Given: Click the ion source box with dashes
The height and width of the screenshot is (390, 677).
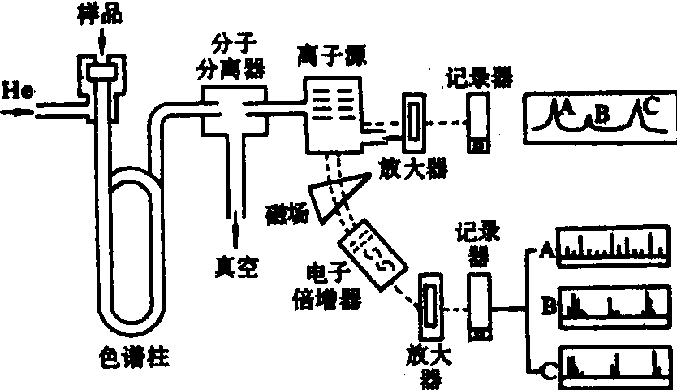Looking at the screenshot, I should [x=330, y=114].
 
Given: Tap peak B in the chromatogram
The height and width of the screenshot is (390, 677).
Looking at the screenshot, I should [x=602, y=115].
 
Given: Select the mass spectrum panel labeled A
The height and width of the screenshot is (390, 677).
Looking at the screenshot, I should [x=614, y=245].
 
